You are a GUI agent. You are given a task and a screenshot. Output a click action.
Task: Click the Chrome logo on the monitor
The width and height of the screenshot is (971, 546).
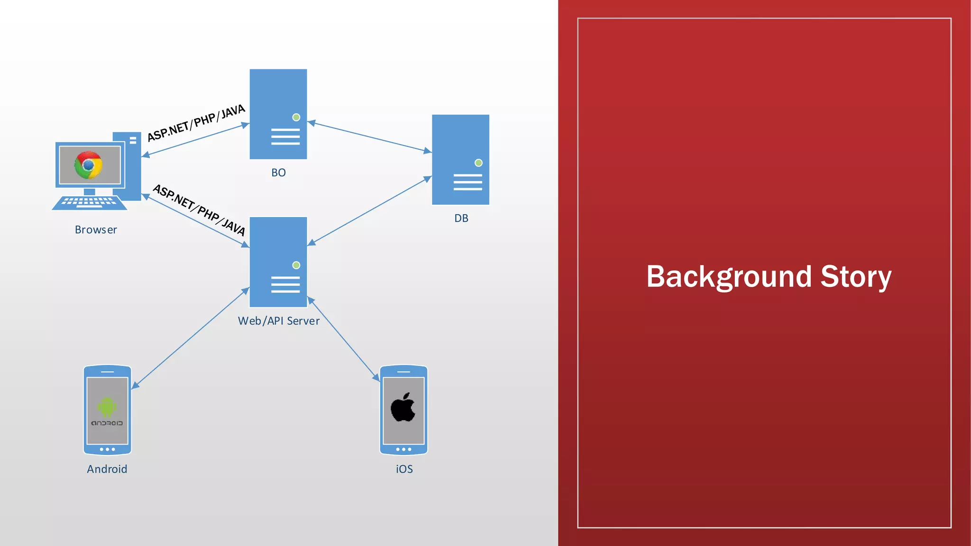(89, 164)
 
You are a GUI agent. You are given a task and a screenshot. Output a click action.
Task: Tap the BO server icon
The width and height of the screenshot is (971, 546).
(278, 114)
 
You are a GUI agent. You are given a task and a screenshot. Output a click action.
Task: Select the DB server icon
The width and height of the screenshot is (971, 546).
(460, 159)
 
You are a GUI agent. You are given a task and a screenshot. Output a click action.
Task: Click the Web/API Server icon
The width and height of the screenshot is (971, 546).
(278, 262)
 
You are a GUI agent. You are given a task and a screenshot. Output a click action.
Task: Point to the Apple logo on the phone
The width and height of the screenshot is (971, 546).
(403, 407)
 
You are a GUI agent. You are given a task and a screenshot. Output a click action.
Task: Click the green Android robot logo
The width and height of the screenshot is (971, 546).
(107, 407)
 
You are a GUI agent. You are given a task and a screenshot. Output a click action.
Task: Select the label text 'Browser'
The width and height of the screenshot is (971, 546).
(96, 230)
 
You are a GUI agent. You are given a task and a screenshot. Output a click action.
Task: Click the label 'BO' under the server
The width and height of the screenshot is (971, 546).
(278, 173)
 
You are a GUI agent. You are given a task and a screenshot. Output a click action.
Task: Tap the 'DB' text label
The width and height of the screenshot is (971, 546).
(461, 218)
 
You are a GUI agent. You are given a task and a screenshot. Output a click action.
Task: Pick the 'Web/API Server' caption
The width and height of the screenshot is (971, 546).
(279, 321)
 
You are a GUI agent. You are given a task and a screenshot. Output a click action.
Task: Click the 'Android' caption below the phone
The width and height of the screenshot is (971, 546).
(107, 469)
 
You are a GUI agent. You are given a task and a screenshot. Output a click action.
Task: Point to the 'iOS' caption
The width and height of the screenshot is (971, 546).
(404, 469)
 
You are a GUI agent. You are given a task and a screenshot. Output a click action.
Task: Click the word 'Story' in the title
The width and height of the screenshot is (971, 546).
(856, 277)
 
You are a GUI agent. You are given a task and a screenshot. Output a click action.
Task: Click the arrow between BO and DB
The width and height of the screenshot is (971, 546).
(370, 137)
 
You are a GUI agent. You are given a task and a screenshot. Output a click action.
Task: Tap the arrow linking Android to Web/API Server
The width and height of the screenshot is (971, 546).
(190, 338)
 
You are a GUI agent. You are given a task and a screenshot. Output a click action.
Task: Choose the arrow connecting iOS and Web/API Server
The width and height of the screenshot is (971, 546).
(344, 339)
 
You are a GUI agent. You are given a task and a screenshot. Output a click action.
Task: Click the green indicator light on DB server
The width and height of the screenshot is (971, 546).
(479, 163)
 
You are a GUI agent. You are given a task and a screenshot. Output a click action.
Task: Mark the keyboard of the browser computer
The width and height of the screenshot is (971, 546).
(89, 203)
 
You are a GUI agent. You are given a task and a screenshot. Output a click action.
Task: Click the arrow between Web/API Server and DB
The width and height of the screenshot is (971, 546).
(370, 211)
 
